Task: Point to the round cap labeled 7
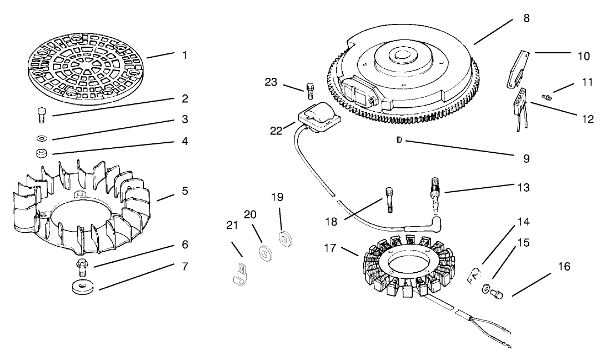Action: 81,288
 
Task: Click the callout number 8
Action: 526,18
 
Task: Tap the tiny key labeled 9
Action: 399,141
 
